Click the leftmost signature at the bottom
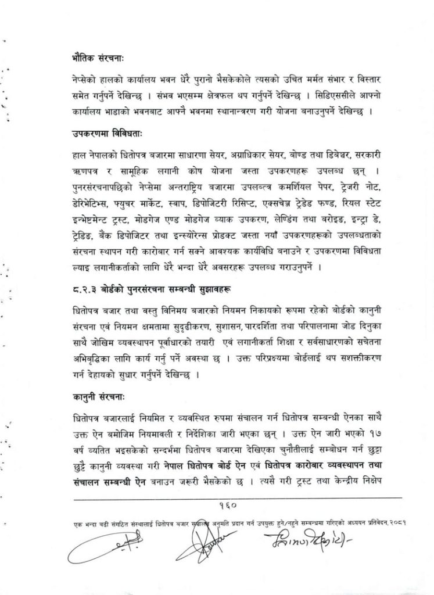point(115,546)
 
